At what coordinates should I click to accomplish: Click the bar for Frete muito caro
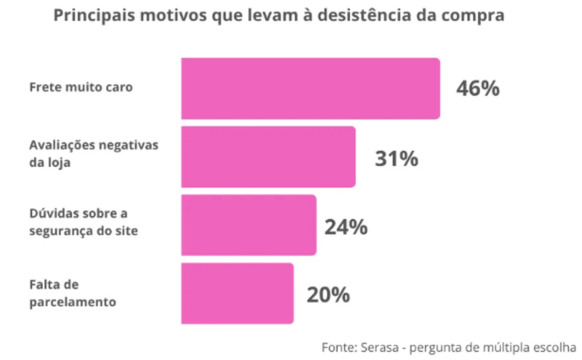pos(310,88)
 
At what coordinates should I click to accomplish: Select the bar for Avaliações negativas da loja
pos(268,157)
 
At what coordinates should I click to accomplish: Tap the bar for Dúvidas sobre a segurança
pos(248,225)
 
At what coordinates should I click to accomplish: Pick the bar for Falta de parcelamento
pos(237,293)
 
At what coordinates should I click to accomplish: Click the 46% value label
pos(478,89)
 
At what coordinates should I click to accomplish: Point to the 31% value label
pos(396,159)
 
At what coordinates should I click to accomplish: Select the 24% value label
pos(345,227)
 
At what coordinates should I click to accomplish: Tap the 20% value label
pos(328,295)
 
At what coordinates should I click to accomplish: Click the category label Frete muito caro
pos(81,87)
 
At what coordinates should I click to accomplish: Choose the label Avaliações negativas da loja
pos(94,154)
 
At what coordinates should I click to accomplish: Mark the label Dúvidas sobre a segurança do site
pos(83,222)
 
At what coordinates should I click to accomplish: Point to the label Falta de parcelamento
pos(73,293)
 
